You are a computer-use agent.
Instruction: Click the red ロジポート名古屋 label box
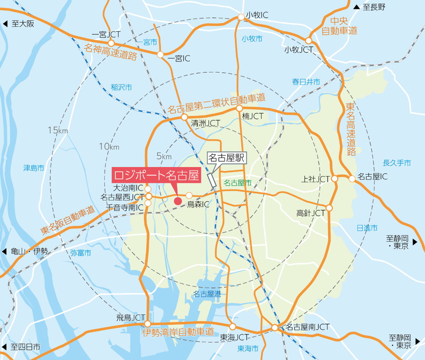click(x=156, y=175)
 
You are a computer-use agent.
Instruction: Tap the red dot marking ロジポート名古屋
click(x=178, y=201)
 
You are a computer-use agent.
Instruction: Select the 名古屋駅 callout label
click(x=227, y=158)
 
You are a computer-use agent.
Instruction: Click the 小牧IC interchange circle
click(x=241, y=16)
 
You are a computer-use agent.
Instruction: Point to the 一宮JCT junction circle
click(x=111, y=43)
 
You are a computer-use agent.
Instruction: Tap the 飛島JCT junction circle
click(x=148, y=324)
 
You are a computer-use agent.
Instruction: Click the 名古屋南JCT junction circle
click(x=275, y=327)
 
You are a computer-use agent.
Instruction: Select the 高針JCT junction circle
click(x=329, y=208)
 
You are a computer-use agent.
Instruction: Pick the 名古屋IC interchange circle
click(x=352, y=179)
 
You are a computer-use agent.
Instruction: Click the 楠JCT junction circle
click(x=239, y=108)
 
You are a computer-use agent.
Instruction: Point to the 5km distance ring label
click(x=164, y=156)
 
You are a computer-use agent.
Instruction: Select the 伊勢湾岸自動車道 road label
click(x=178, y=333)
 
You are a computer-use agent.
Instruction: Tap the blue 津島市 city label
click(x=34, y=168)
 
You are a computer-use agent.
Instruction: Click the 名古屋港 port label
click(x=207, y=294)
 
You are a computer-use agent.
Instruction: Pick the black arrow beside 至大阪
click(x=5, y=24)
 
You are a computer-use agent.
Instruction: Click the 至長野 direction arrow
click(x=357, y=7)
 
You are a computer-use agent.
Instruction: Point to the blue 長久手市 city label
click(x=397, y=163)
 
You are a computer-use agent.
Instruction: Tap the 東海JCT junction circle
click(x=232, y=327)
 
